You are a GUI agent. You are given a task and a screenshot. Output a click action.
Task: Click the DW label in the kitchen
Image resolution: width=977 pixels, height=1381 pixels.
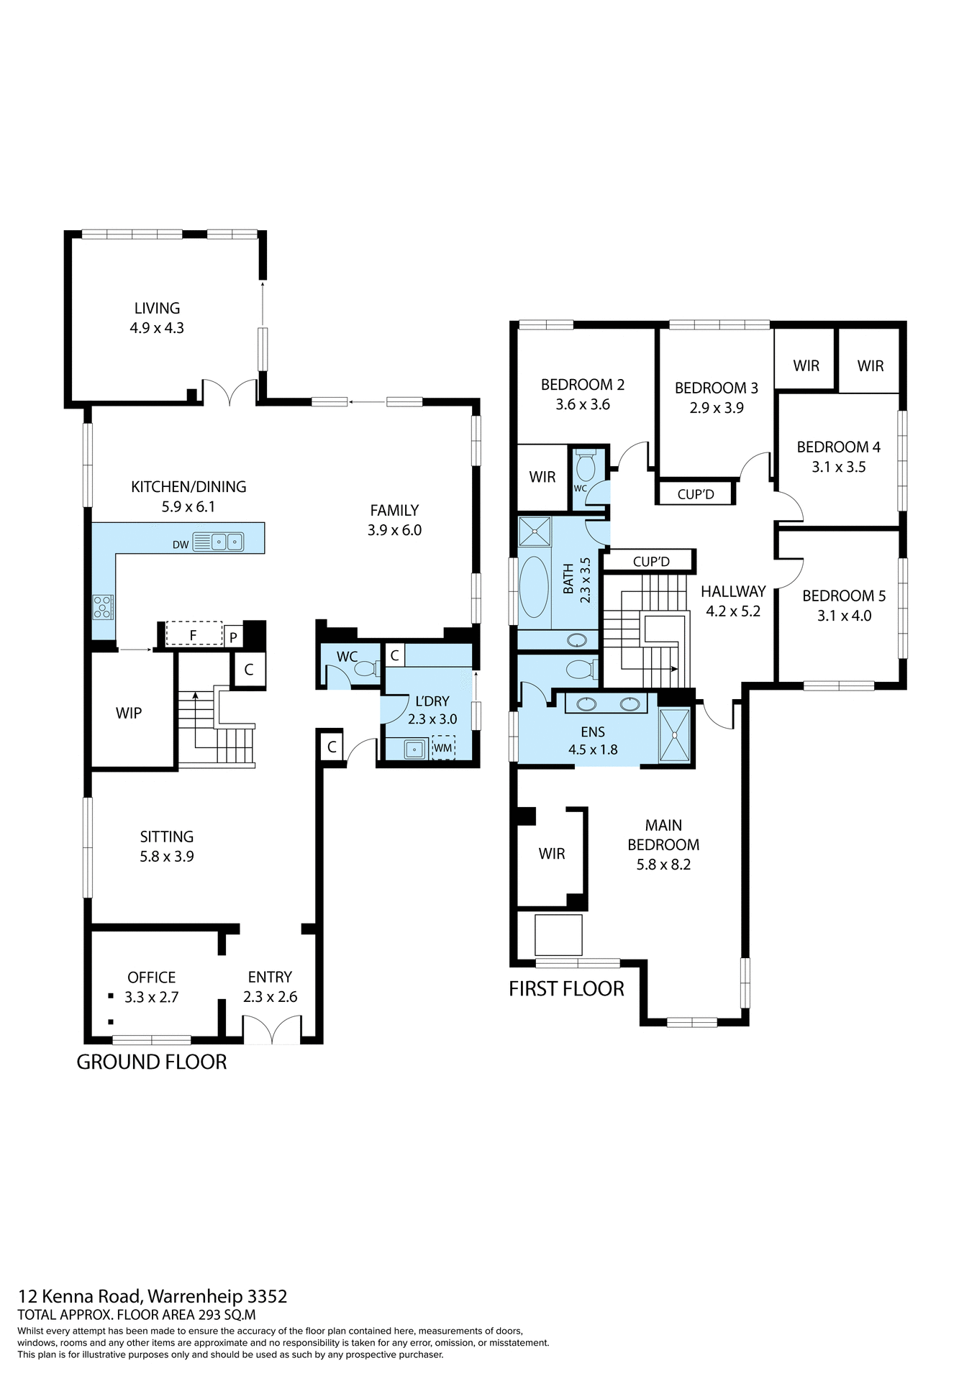coord(181,544)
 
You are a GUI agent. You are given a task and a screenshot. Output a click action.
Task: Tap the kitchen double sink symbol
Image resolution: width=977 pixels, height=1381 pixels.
coord(227,542)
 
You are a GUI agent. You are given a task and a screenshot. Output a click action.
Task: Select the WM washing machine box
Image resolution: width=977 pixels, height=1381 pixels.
coord(443,747)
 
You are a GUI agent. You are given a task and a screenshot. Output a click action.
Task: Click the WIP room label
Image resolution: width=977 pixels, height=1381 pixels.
coord(129,713)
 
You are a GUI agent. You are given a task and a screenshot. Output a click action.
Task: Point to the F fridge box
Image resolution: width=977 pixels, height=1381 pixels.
coord(194,634)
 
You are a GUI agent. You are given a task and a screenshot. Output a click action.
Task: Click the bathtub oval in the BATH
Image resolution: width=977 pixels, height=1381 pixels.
coord(534,586)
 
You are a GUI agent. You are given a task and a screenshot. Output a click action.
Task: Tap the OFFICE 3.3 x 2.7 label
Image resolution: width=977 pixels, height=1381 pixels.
coord(151,987)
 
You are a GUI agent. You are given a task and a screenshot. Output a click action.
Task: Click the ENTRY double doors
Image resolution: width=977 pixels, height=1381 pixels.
coord(271,1029)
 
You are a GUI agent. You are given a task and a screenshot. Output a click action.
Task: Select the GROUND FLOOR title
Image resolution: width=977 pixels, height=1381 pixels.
coord(152,1062)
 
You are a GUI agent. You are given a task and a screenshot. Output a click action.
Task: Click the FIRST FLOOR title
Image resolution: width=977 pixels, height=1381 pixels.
coord(566,988)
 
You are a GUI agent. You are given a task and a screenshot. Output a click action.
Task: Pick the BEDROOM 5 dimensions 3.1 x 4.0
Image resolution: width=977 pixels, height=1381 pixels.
coord(844,616)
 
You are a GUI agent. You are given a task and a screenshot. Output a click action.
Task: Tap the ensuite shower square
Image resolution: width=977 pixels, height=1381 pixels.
coord(675,735)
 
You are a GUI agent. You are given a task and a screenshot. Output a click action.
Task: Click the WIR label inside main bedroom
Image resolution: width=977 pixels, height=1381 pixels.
coord(552,853)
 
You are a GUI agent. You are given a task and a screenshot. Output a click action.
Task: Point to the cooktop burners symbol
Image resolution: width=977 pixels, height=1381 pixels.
coord(103,607)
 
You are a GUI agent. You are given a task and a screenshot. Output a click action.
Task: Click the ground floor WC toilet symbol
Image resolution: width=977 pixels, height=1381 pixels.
coord(365,669)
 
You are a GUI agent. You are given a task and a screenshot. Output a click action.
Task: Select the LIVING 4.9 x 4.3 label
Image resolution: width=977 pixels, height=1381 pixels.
coord(157,317)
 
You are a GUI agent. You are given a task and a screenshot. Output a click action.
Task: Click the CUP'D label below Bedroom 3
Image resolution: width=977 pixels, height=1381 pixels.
coord(696,494)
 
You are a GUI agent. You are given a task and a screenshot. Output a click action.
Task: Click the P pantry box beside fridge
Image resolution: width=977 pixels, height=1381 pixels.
coord(233,637)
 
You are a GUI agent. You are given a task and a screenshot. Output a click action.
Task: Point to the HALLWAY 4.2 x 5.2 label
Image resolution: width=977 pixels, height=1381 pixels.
coord(733,601)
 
